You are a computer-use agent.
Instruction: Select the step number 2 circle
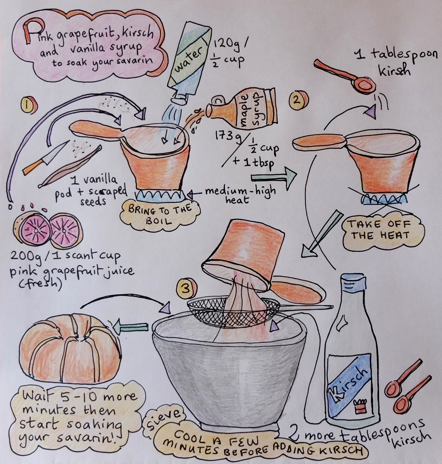299,100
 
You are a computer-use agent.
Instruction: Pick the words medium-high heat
239,195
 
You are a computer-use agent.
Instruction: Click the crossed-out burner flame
385,198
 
